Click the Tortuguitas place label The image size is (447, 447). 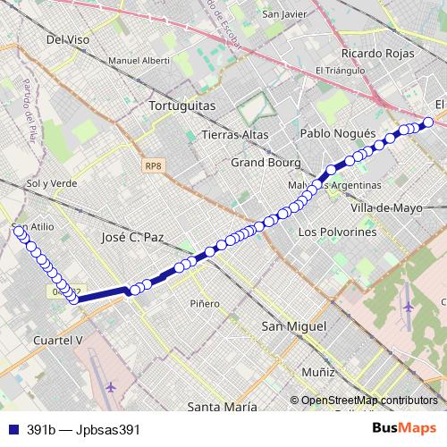click(182, 105)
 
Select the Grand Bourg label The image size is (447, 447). click(260, 163)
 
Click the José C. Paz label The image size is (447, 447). click(136, 238)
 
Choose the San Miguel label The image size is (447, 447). click(292, 327)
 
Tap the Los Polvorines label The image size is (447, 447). click(337, 231)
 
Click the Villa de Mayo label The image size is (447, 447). click(386, 207)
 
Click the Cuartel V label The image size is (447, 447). click(56, 341)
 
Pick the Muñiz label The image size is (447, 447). click(317, 370)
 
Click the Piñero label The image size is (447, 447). click(204, 304)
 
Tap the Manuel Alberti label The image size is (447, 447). click(138, 61)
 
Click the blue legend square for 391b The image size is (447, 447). click(13, 429)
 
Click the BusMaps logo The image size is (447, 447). click(403, 428)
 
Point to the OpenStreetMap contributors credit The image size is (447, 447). click(368, 401)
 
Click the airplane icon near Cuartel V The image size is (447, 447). click(111, 387)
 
